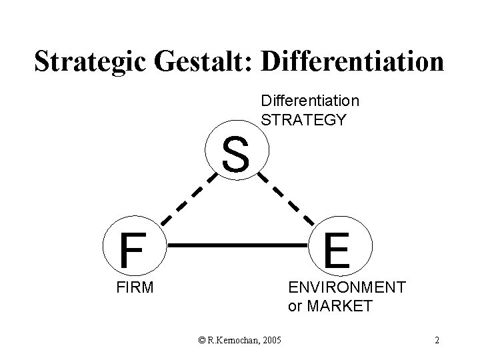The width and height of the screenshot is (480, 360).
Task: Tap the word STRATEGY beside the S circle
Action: pyautogui.click(x=304, y=120)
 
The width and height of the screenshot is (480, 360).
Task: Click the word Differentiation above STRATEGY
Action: pyautogui.click(x=310, y=101)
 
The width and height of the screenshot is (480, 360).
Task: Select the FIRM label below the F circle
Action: pyautogui.click(x=132, y=288)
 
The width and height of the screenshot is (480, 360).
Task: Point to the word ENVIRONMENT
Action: pyautogui.click(x=347, y=287)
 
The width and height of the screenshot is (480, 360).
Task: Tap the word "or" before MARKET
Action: pyautogui.click(x=295, y=307)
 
